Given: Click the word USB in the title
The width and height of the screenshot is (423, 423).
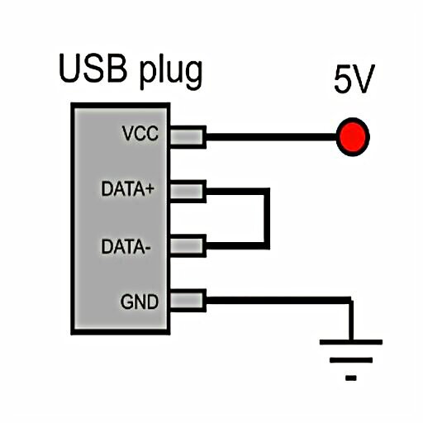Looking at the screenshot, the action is tap(93, 69).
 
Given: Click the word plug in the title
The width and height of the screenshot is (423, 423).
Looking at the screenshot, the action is tap(171, 72).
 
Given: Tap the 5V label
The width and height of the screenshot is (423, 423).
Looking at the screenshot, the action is tap(354, 79).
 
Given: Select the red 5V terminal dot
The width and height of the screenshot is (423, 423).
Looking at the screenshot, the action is tap(353, 137).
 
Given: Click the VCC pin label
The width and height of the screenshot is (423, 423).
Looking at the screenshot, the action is tap(140, 134).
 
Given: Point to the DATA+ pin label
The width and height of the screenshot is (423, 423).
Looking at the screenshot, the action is tap(127, 188).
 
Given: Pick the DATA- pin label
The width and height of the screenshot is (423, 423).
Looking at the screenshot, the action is tap(126, 246).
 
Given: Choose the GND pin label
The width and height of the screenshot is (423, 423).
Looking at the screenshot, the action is tap(140, 302).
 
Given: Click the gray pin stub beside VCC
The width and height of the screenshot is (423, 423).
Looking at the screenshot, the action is tap(188, 137).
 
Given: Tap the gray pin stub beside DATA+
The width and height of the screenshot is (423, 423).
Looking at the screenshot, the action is tap(188, 192).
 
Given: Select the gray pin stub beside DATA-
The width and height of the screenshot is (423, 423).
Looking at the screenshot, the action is tap(188, 246).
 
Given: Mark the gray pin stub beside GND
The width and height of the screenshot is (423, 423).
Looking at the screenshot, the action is tap(188, 301).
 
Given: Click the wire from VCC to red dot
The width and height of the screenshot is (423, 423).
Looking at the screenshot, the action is tap(272, 137).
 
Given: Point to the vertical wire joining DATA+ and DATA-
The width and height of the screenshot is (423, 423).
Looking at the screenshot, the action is tap(266, 219).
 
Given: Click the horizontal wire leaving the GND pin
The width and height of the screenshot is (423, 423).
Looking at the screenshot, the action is tap(278, 301).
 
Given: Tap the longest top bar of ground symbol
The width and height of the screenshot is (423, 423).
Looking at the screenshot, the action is tap(351, 342).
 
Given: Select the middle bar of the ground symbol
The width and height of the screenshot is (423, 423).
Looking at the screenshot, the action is tap(351, 360).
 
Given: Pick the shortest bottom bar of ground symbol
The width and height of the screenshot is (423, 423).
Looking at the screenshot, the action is tap(351, 378).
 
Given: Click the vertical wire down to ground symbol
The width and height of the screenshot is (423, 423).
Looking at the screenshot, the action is tap(351, 320).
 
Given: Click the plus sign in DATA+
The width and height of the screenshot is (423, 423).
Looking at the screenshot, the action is tap(149, 189).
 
